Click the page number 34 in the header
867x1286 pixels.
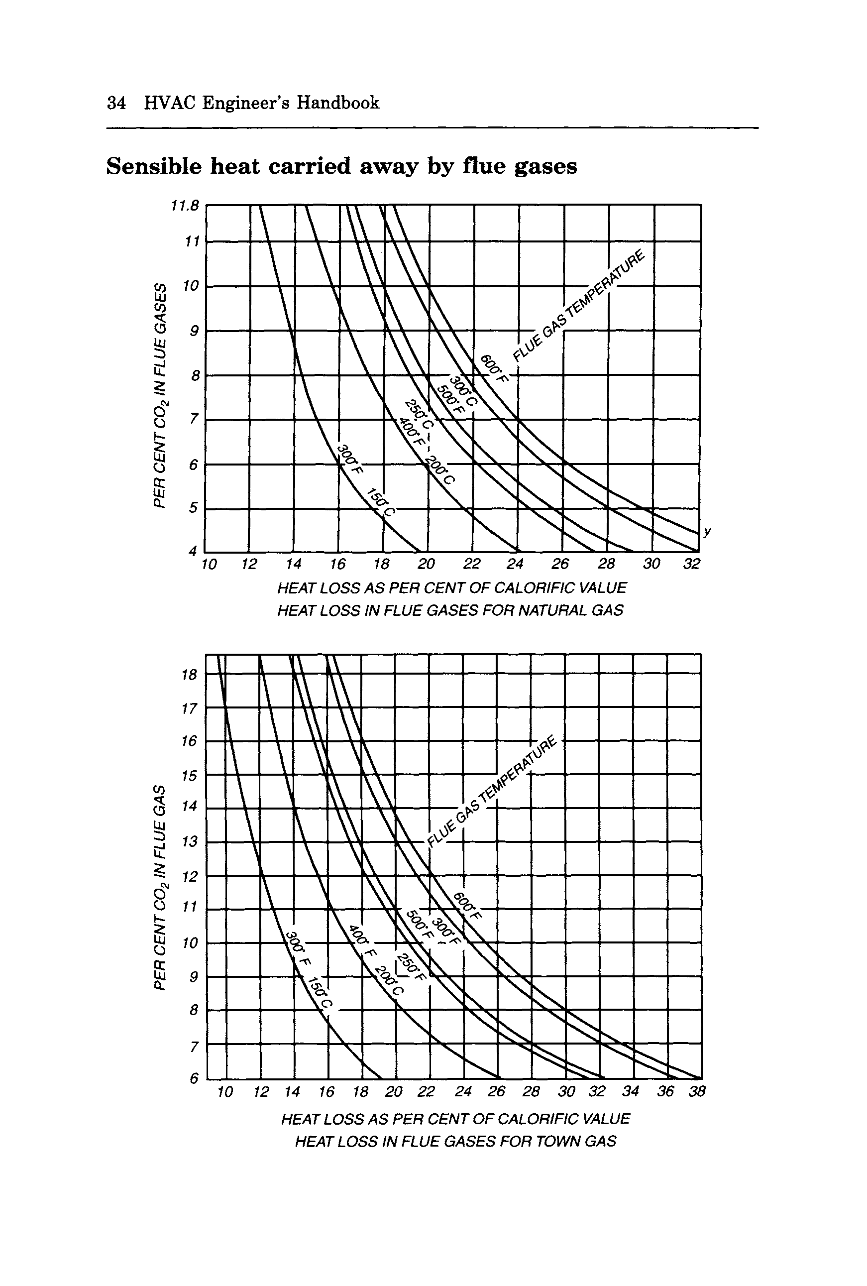click(x=115, y=103)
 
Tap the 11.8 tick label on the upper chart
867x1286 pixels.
click(x=185, y=206)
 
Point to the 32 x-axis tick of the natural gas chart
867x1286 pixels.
click(x=692, y=564)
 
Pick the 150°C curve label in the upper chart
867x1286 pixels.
click(x=382, y=502)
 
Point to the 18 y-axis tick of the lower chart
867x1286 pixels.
click(x=189, y=675)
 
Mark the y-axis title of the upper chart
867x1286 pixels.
click(x=160, y=395)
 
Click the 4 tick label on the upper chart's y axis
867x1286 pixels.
click(x=193, y=551)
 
